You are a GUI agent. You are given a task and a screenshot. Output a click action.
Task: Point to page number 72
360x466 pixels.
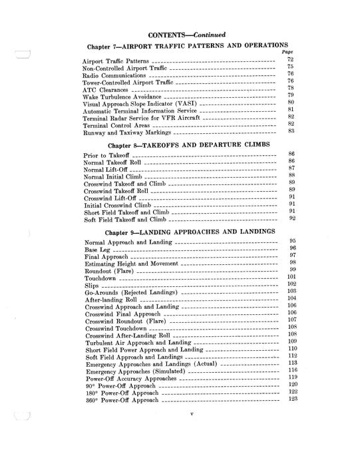pyautogui.click(x=290, y=60)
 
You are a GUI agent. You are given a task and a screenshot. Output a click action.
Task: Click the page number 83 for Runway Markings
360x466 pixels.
pyautogui.click(x=291, y=130)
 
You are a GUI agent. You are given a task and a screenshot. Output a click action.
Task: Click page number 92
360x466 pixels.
pyautogui.click(x=291, y=218)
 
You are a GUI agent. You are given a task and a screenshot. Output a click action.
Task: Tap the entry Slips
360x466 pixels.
pyautogui.click(x=92, y=286)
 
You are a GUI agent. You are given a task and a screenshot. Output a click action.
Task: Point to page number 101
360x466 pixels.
pyautogui.click(x=290, y=276)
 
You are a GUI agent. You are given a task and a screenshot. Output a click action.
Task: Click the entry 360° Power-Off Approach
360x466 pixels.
pyautogui.click(x=122, y=401)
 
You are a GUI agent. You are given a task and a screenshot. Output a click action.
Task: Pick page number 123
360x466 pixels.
pyautogui.click(x=291, y=399)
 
